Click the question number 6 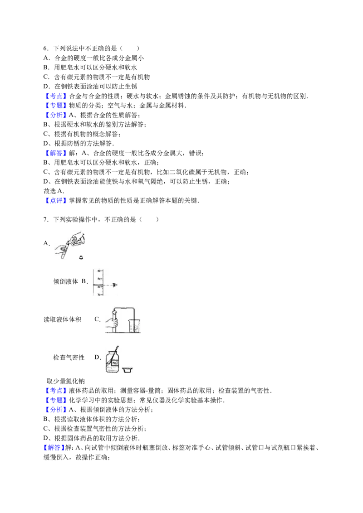point(45,48)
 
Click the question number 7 point(45,219)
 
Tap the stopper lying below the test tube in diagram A point(81,257)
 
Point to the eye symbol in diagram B point(115,285)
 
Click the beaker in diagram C point(134,326)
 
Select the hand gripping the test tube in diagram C point(112,322)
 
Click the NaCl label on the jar point(115,363)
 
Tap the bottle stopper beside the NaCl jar point(128,370)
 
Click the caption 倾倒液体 point(65,281)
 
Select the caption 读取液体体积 point(62,319)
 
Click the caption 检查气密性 point(69,358)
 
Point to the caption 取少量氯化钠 point(65,381)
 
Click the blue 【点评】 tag point(56,201)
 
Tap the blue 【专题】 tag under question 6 point(56,105)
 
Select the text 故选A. point(54,191)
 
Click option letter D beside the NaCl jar point(98,357)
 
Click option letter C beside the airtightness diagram point(98,319)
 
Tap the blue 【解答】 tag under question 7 point(54,448)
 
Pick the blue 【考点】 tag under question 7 point(56,391)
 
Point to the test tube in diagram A point(65,249)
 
